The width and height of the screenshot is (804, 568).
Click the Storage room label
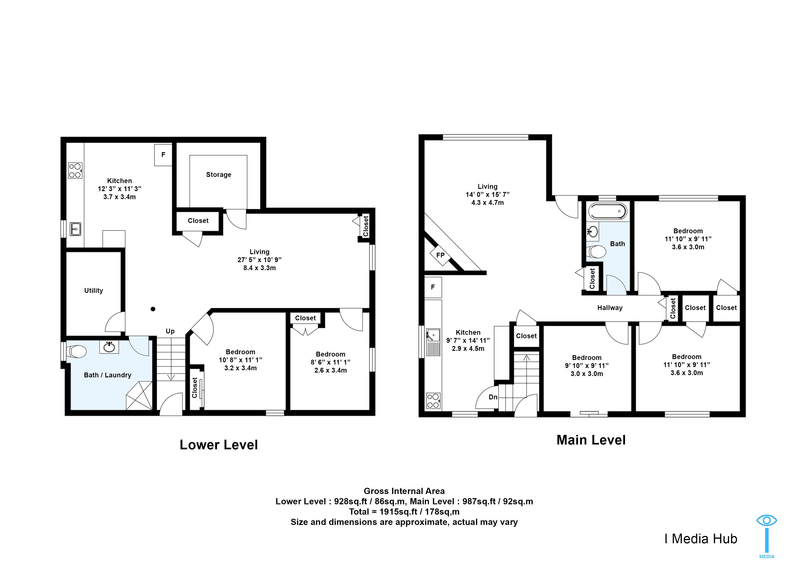click(218, 175)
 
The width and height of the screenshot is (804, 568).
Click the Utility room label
click(94, 291)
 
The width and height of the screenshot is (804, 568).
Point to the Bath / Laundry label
click(107, 375)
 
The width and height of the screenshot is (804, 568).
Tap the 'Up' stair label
click(170, 331)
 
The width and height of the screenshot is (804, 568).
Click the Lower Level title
click(219, 445)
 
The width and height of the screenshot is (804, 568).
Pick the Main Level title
click(591, 440)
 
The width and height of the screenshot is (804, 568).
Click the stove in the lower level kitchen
click(75, 170)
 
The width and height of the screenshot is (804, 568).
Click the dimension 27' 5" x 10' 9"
click(259, 260)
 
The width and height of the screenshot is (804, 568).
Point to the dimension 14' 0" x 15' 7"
click(487, 195)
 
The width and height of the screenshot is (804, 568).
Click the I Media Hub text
click(701, 539)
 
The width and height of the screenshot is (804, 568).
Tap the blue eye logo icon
click(767, 520)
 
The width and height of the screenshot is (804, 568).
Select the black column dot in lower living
click(153, 309)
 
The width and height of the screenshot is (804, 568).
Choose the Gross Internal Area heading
click(404, 491)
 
